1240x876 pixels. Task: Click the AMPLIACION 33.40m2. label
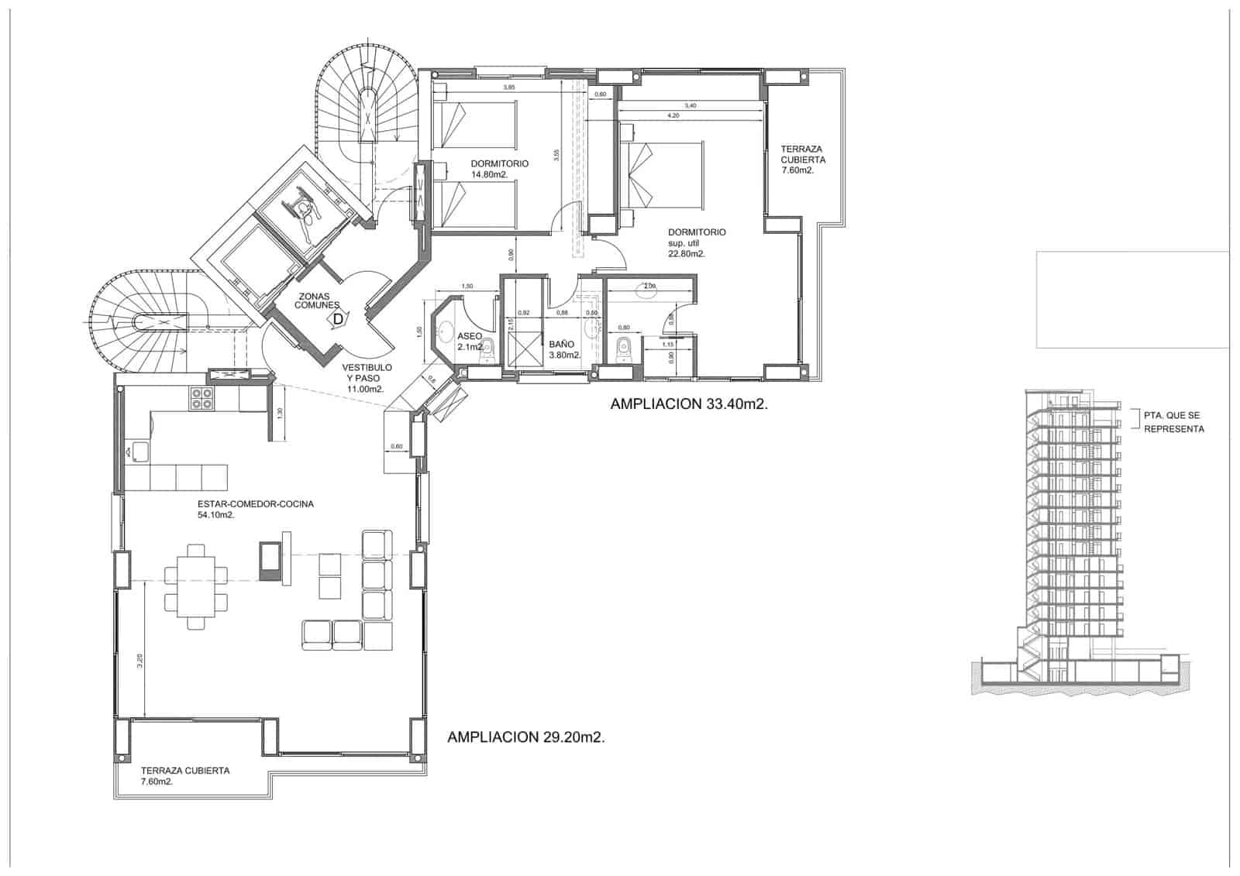[x=689, y=404]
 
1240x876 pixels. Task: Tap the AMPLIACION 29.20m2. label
[x=526, y=737]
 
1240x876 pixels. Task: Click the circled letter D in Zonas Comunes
[x=337, y=318]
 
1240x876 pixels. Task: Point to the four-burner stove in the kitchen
[x=202, y=399]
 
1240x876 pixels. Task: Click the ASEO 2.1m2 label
[x=470, y=342]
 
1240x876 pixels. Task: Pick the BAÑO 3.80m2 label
[x=564, y=349]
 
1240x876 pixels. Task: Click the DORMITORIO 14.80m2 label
[x=500, y=169]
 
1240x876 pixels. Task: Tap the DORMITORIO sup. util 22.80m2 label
[x=697, y=242]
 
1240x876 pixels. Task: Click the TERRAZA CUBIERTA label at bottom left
[x=185, y=776]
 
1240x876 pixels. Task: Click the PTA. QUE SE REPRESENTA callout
[x=1173, y=422]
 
